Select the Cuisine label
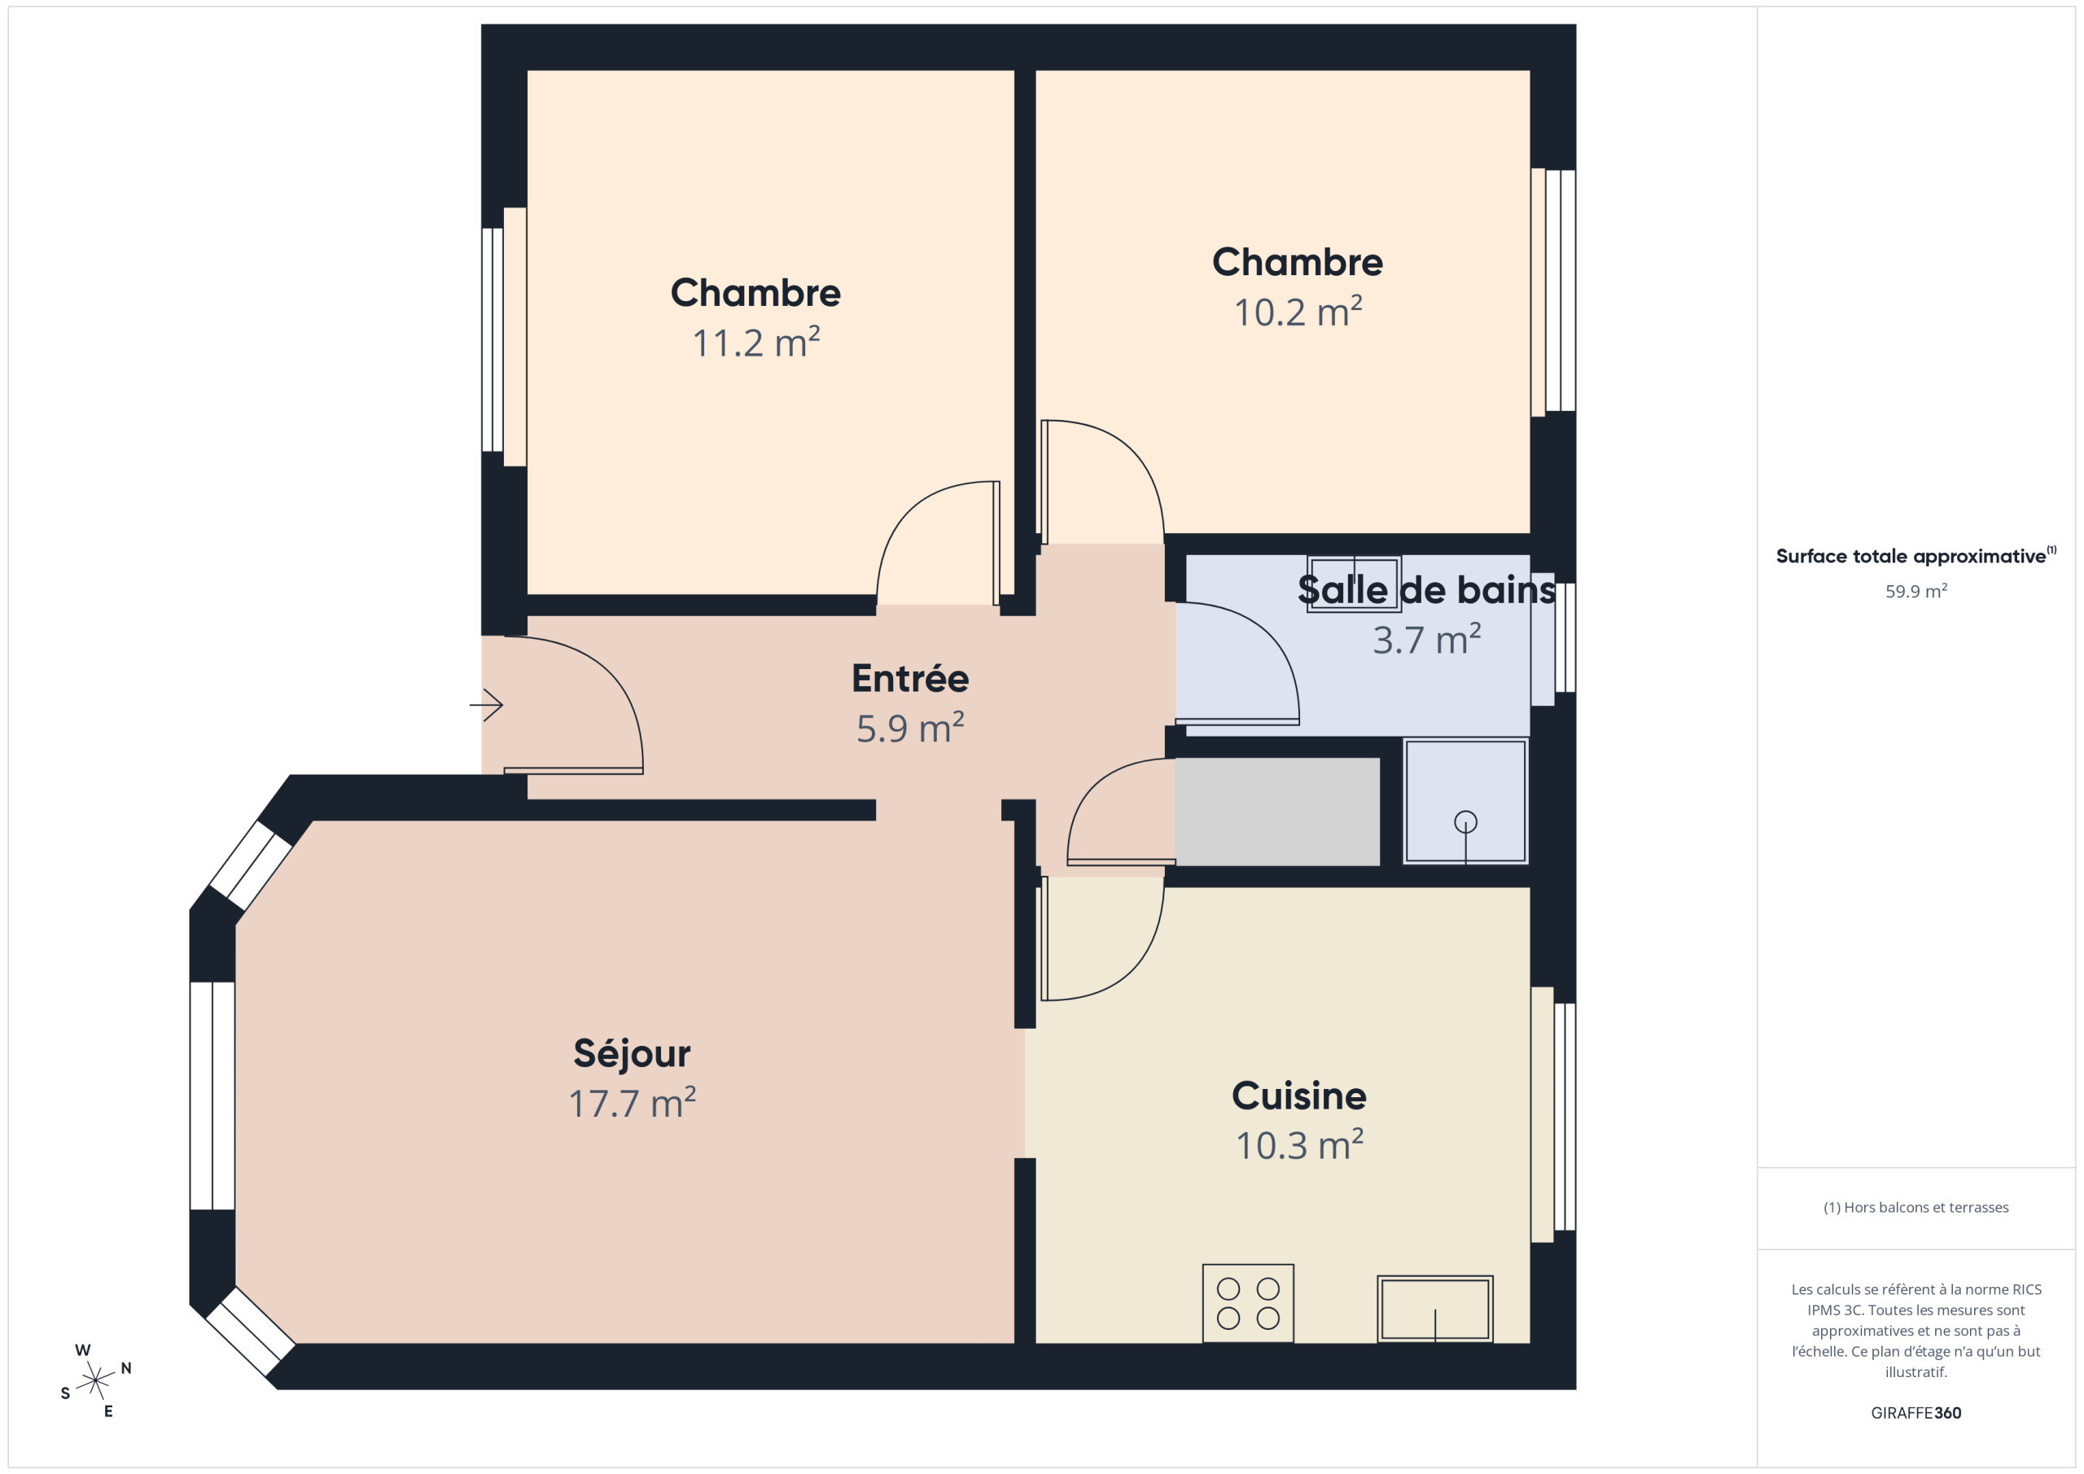click(x=1299, y=1096)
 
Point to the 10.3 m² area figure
click(x=1299, y=1145)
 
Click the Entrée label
click(x=909, y=679)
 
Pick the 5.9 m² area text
click(x=909, y=728)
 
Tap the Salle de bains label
click(x=1426, y=590)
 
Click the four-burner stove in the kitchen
click(x=1248, y=1303)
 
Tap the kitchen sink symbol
click(x=1435, y=1309)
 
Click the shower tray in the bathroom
click(x=1465, y=802)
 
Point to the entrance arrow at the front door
click(x=487, y=704)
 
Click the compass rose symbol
click(x=95, y=1380)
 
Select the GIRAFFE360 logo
click(x=1915, y=1413)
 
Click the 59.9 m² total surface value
click(x=1915, y=591)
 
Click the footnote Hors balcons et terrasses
click(x=1915, y=1207)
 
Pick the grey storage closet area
click(x=1277, y=811)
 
